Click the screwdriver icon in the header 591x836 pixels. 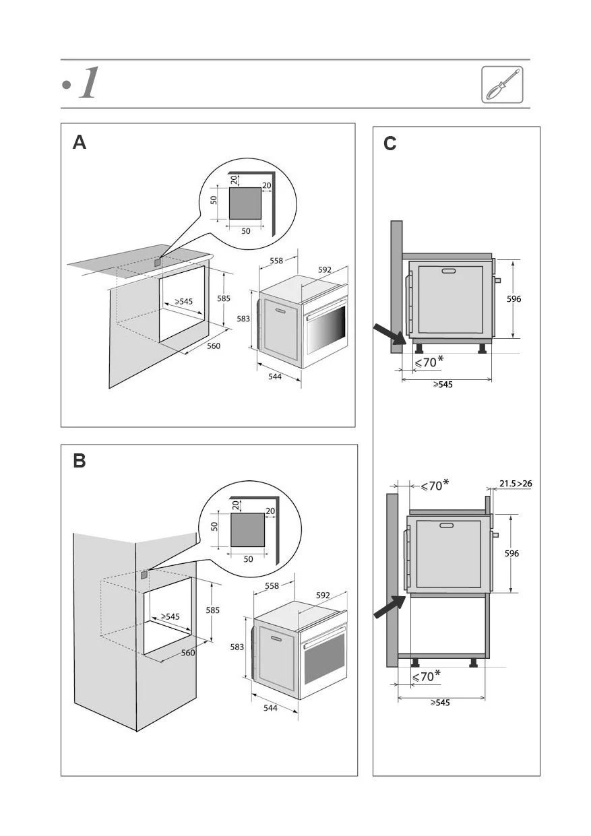click(502, 85)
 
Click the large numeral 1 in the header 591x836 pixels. click(88, 84)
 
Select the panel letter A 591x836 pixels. click(80, 143)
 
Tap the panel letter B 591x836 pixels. click(80, 461)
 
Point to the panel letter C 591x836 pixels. click(390, 144)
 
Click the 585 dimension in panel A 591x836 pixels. click(223, 298)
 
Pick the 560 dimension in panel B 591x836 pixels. click(188, 653)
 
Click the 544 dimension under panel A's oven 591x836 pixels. click(275, 377)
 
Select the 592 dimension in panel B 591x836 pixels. click(323, 596)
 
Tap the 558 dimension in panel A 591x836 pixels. click(276, 261)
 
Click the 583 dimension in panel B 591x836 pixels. click(237, 647)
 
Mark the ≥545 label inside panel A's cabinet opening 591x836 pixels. click(183, 302)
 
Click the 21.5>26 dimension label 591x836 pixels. click(516, 483)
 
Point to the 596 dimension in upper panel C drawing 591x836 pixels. click(514, 298)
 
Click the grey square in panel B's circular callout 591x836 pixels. click(247, 529)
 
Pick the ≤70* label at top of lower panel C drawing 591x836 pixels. click(435, 486)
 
